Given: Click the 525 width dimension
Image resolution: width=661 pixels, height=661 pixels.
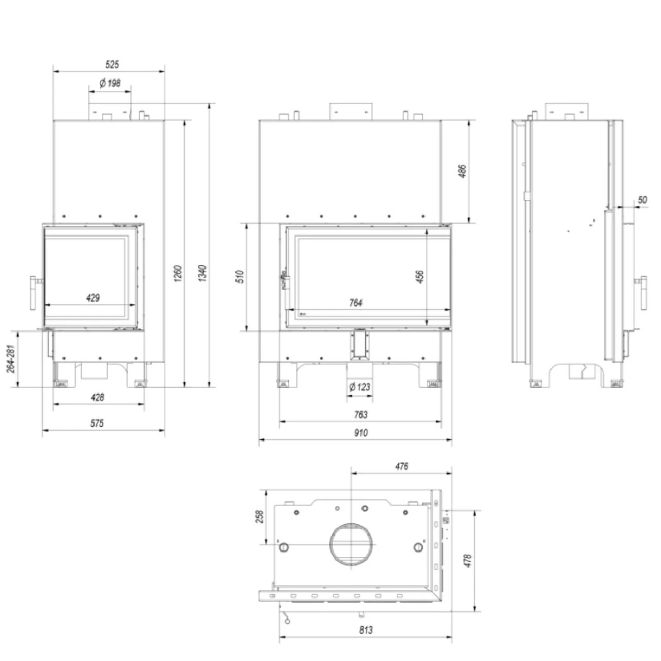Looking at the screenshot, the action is click(112, 65).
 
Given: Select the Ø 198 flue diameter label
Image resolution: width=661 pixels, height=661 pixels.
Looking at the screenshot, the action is click(110, 83).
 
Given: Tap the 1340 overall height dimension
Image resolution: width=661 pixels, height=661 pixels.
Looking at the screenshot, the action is click(202, 273).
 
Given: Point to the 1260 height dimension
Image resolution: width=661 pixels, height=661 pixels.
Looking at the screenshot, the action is click(178, 273).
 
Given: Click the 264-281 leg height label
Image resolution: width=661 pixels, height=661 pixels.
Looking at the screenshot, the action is click(11, 359).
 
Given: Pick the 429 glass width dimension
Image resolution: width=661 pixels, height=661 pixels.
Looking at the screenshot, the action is click(93, 297).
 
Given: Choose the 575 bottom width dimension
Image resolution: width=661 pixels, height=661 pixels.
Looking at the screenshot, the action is click(97, 423).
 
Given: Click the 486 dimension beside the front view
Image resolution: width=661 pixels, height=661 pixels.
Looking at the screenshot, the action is click(462, 171).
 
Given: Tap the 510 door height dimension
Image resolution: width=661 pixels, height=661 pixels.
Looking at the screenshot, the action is click(240, 276).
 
